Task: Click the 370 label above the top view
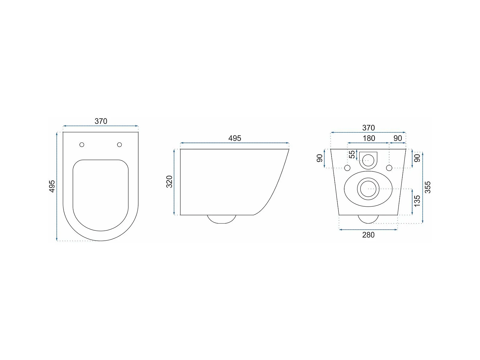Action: click(x=101, y=121)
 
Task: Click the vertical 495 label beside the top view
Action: click(x=52, y=186)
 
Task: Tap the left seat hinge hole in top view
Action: click(x=82, y=145)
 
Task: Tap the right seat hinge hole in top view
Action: click(x=120, y=145)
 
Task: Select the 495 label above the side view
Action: click(x=235, y=138)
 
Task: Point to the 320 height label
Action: click(x=170, y=182)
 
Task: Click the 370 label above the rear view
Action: click(x=369, y=128)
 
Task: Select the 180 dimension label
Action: click(x=369, y=138)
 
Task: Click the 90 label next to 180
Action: click(x=398, y=138)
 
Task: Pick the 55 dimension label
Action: click(x=352, y=155)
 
